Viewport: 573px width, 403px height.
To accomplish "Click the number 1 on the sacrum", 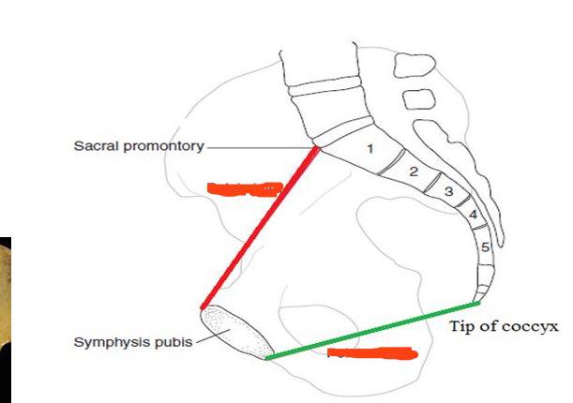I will point(370,148).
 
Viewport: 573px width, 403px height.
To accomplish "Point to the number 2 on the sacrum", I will point(413,172).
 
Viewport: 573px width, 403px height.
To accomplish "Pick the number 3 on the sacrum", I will point(448,192).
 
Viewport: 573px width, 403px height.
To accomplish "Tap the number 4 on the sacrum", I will point(474,215).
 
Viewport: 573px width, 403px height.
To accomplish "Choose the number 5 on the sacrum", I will point(485,247).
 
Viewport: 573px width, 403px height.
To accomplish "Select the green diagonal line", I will point(372,330).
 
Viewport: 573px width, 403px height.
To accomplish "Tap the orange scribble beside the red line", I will point(244,188).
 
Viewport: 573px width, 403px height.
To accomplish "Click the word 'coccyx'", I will point(535,327).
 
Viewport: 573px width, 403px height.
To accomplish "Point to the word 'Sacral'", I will point(97,147).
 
